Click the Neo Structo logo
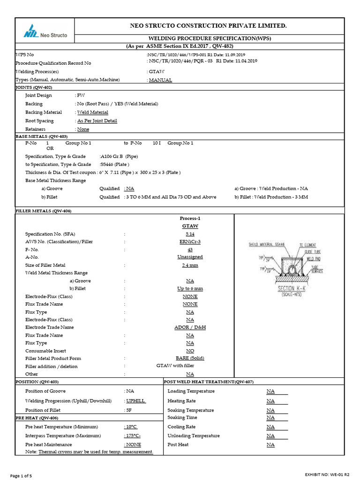(45, 32)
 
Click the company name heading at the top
(208, 25)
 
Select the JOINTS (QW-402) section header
(34, 88)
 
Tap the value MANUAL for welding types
(160, 80)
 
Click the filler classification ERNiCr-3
(190, 241)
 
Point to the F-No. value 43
(190, 249)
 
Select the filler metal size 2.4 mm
(190, 265)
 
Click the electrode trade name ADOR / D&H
(190, 327)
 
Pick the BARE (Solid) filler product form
(190, 358)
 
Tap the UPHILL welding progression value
(136, 401)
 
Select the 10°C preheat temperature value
(131, 427)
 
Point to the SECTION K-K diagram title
(292, 289)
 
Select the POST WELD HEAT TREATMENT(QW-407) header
(210, 382)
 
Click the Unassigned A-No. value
(190, 257)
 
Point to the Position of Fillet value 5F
(129, 410)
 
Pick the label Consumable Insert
(45, 351)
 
